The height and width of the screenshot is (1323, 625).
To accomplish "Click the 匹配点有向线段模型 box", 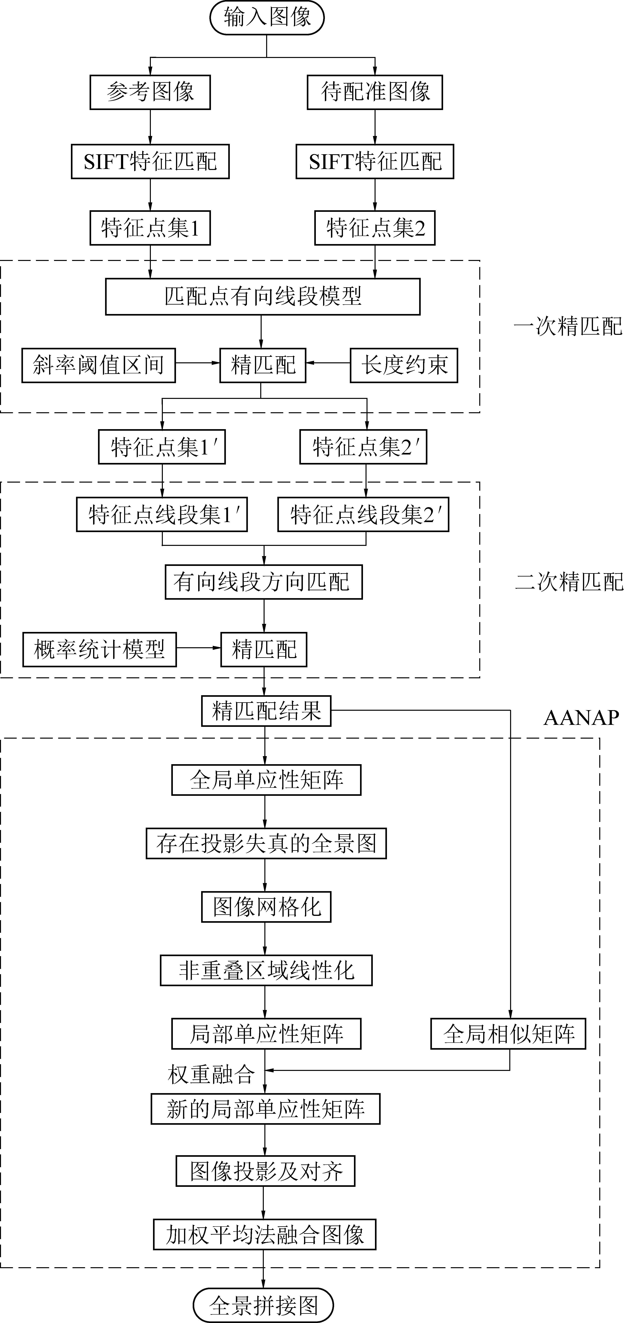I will (x=262, y=296).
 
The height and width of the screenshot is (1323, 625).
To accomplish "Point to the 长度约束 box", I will (x=404, y=365).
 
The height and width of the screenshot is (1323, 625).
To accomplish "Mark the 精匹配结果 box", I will (x=266, y=711).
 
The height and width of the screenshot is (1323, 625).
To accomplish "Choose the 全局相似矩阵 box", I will (x=508, y=1034).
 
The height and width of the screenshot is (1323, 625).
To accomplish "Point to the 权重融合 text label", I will (x=211, y=1074).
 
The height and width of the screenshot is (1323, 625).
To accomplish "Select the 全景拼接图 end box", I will (x=263, y=1305).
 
